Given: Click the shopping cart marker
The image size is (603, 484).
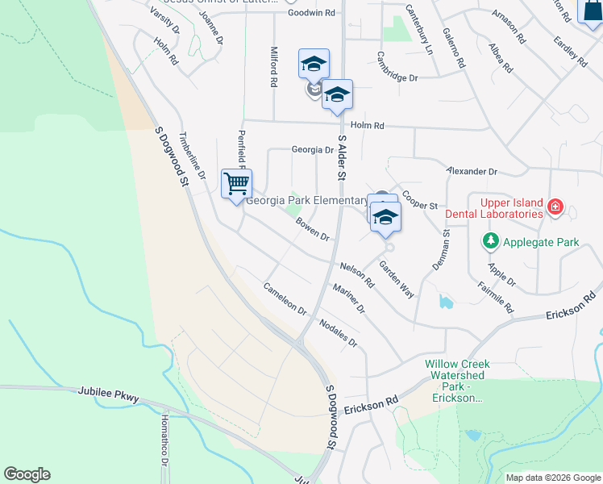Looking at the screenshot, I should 237,184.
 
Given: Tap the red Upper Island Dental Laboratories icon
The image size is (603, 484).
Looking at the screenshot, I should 555,208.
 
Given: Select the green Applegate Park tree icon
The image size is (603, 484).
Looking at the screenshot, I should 490,241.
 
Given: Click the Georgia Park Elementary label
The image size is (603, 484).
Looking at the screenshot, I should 306,201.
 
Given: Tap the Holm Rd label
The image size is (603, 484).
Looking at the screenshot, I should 367,126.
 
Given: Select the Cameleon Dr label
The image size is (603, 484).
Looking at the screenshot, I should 285,299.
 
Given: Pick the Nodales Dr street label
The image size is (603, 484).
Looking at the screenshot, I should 338,331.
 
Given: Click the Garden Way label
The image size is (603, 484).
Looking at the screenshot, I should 397,281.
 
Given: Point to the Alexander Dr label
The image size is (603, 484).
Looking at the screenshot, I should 472,172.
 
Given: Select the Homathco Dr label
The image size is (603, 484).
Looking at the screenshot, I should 164,440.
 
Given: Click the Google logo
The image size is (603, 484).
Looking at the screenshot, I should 27,474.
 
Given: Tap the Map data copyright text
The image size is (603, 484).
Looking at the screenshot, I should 553,478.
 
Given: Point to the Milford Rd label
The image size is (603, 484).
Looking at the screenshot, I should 274,66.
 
